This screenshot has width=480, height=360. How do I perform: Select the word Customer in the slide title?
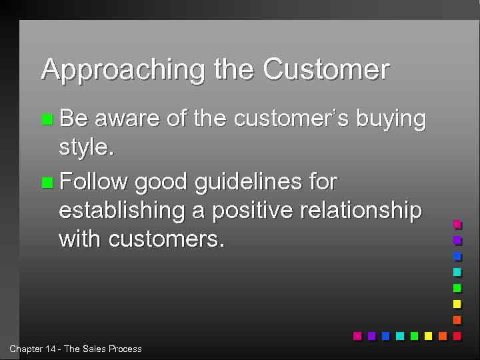[x=326, y=69]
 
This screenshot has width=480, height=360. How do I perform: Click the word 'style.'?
[x=87, y=147]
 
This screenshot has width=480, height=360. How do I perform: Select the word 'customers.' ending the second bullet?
[x=166, y=239]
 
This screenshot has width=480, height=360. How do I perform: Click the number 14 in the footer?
[x=52, y=349]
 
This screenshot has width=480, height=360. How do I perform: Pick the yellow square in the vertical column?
[x=457, y=304]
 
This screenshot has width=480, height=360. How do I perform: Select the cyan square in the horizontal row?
[x=399, y=336]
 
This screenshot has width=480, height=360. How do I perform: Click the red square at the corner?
[x=457, y=336]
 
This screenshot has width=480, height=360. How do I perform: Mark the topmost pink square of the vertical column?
[x=457, y=225]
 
